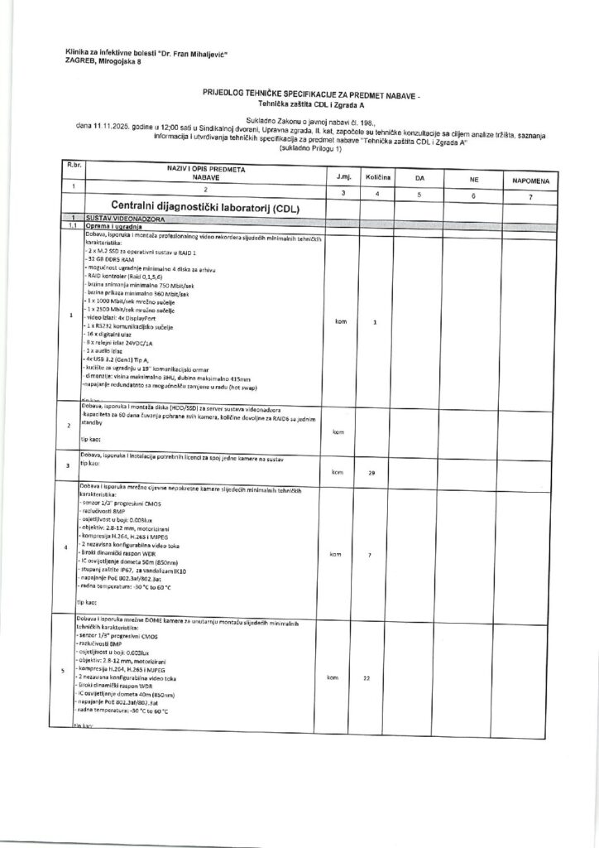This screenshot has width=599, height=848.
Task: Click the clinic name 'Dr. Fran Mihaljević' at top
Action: (190, 52)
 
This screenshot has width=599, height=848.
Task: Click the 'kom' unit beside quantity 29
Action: (336, 473)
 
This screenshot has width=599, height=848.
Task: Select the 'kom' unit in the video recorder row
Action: (339, 321)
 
